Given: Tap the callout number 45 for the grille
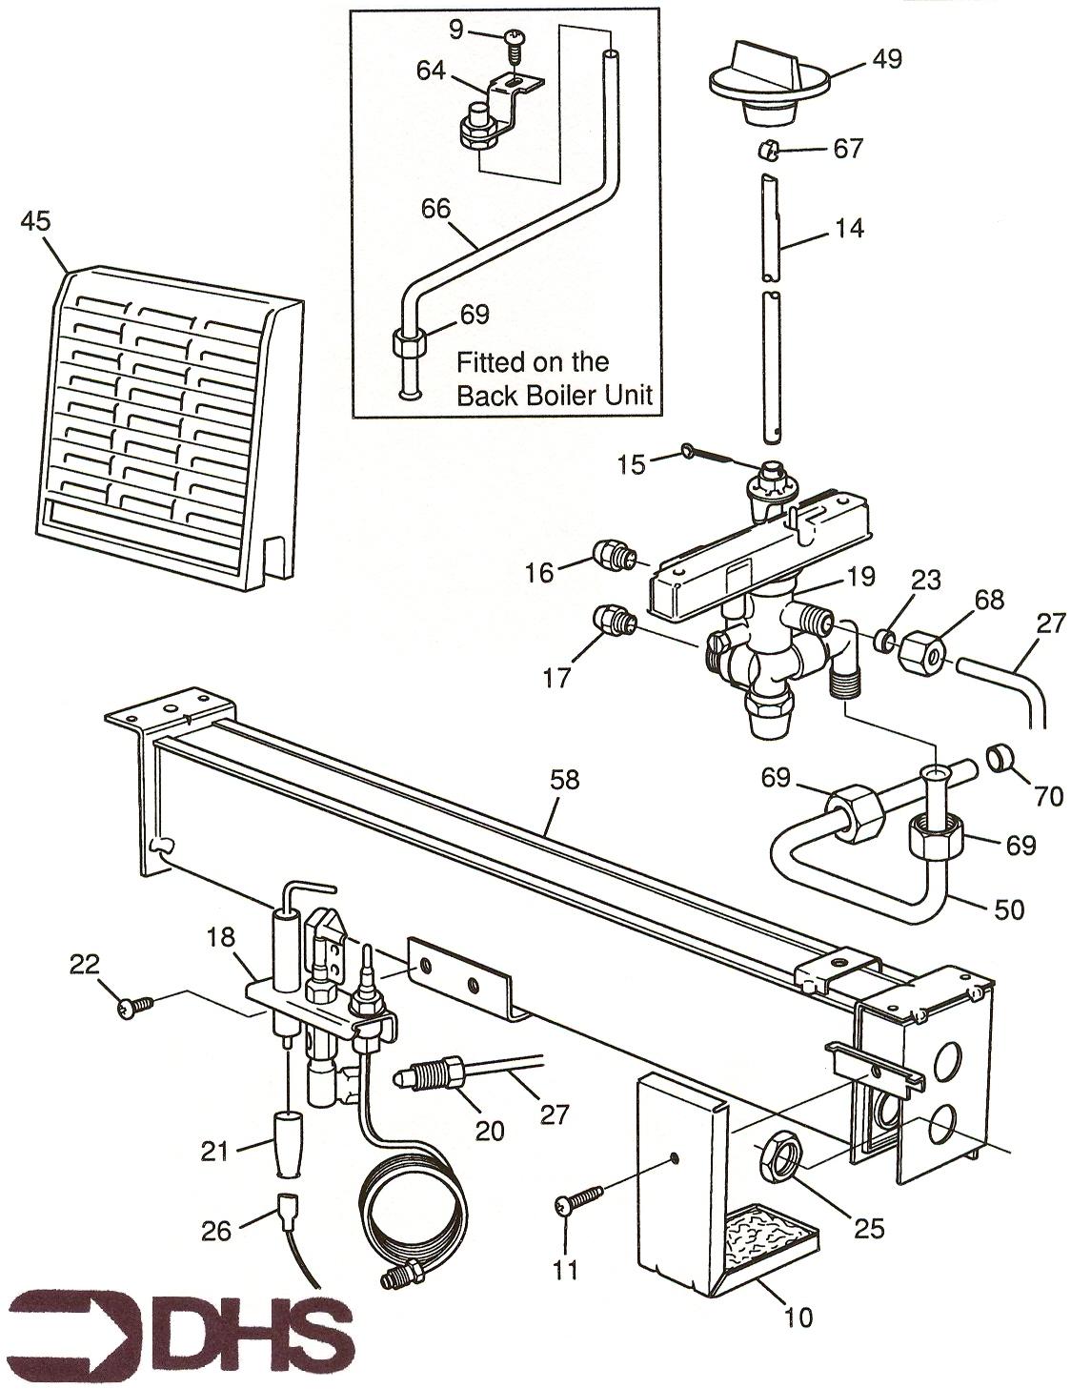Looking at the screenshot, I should click(37, 220).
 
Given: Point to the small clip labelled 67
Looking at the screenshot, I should click(771, 151).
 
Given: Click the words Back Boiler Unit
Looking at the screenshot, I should click(554, 396).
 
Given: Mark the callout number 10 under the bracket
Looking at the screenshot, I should click(798, 1317).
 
